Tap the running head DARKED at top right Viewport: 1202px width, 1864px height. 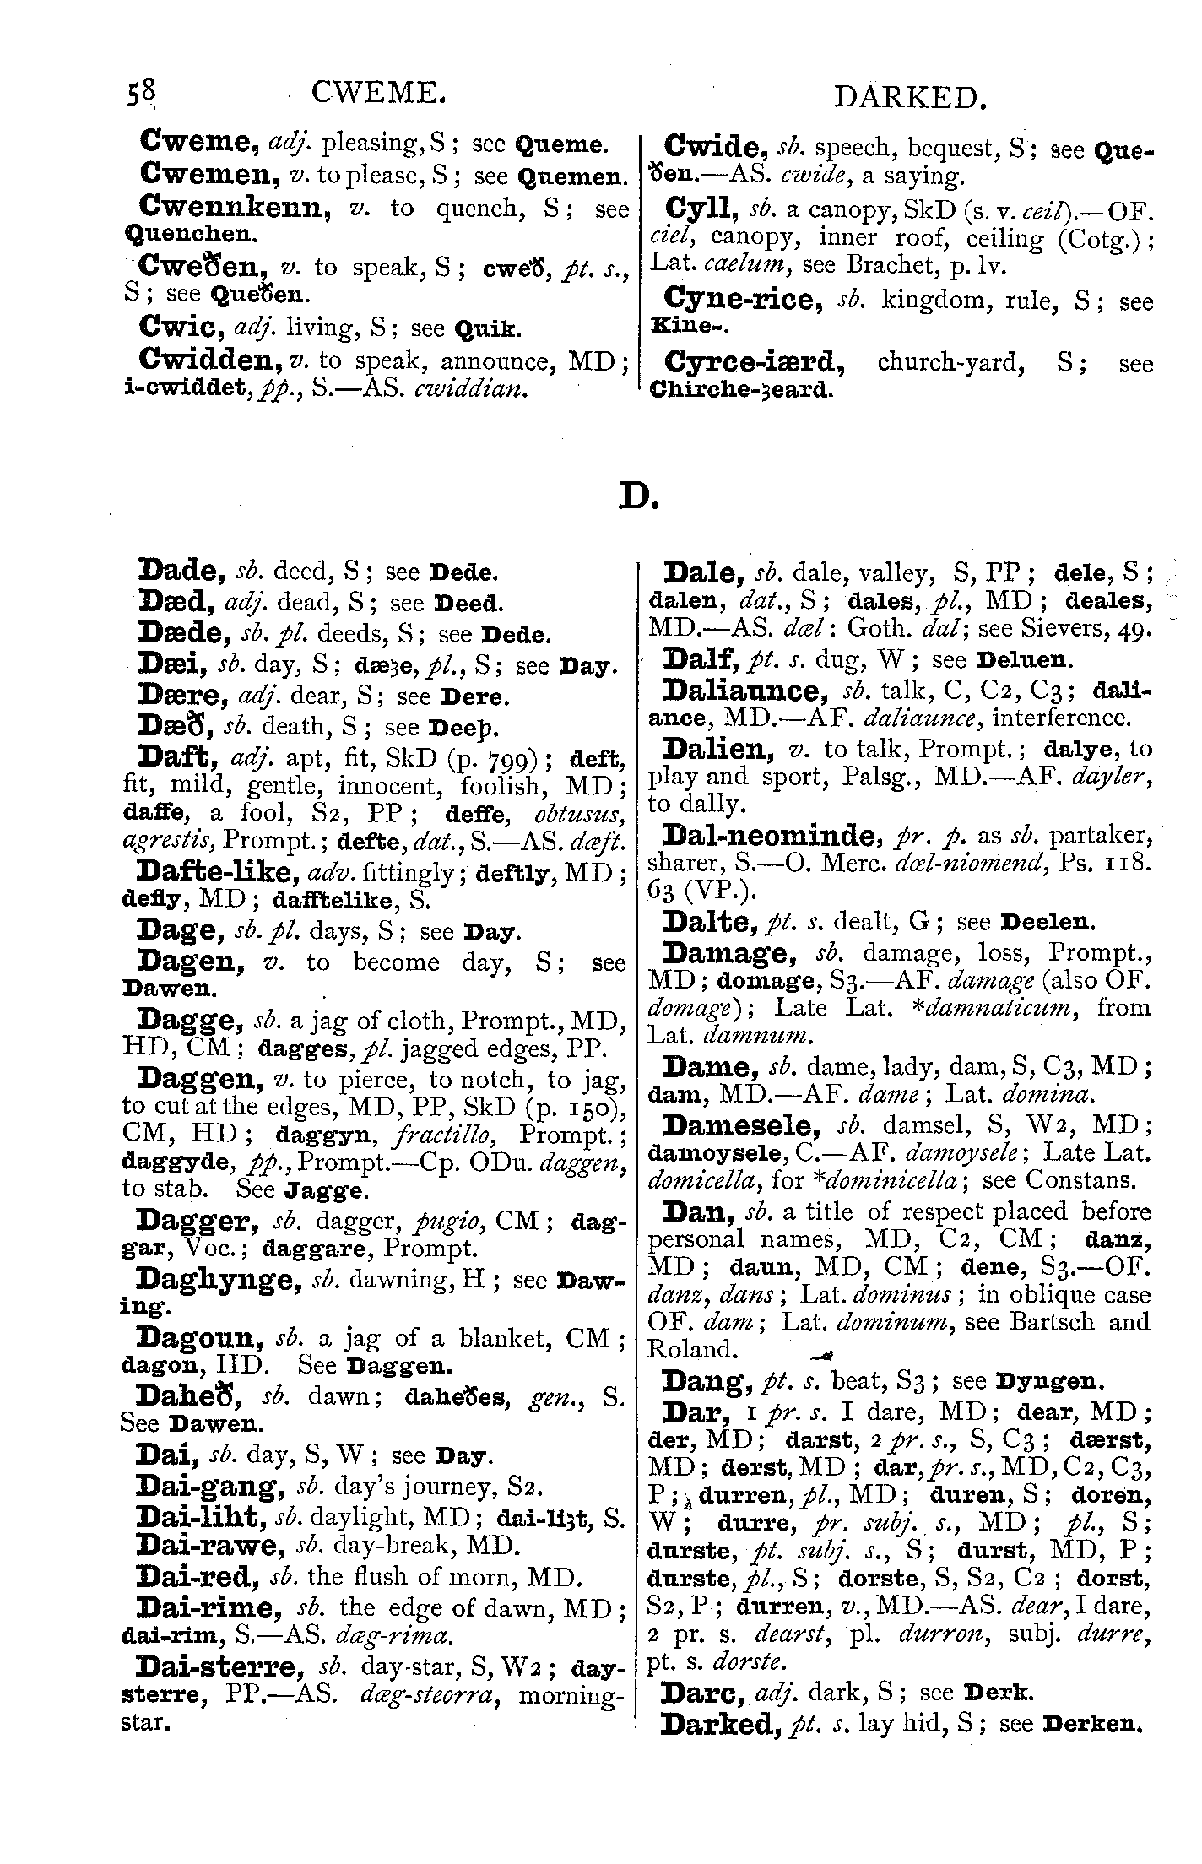pyautogui.click(x=909, y=99)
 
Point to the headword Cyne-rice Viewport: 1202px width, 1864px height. pyautogui.click(x=744, y=300)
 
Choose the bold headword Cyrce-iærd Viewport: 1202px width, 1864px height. pyautogui.click(x=755, y=363)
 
